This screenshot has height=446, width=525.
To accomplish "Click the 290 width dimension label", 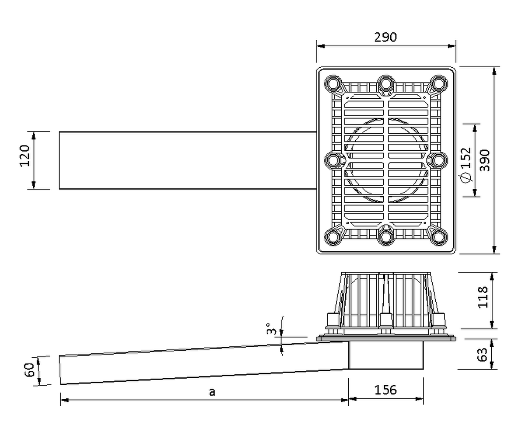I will point(385,37).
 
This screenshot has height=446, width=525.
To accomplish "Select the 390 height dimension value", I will point(484,160).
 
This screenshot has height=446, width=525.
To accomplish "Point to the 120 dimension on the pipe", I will point(24,156).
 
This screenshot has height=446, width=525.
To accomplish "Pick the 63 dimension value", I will point(482,354).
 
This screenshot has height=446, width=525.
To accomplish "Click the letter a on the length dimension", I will point(212,392).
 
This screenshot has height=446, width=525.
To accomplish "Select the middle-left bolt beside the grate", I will point(334,161).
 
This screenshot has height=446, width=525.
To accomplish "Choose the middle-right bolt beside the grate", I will point(437,161).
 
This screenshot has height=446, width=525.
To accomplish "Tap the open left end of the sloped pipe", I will point(60,370).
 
